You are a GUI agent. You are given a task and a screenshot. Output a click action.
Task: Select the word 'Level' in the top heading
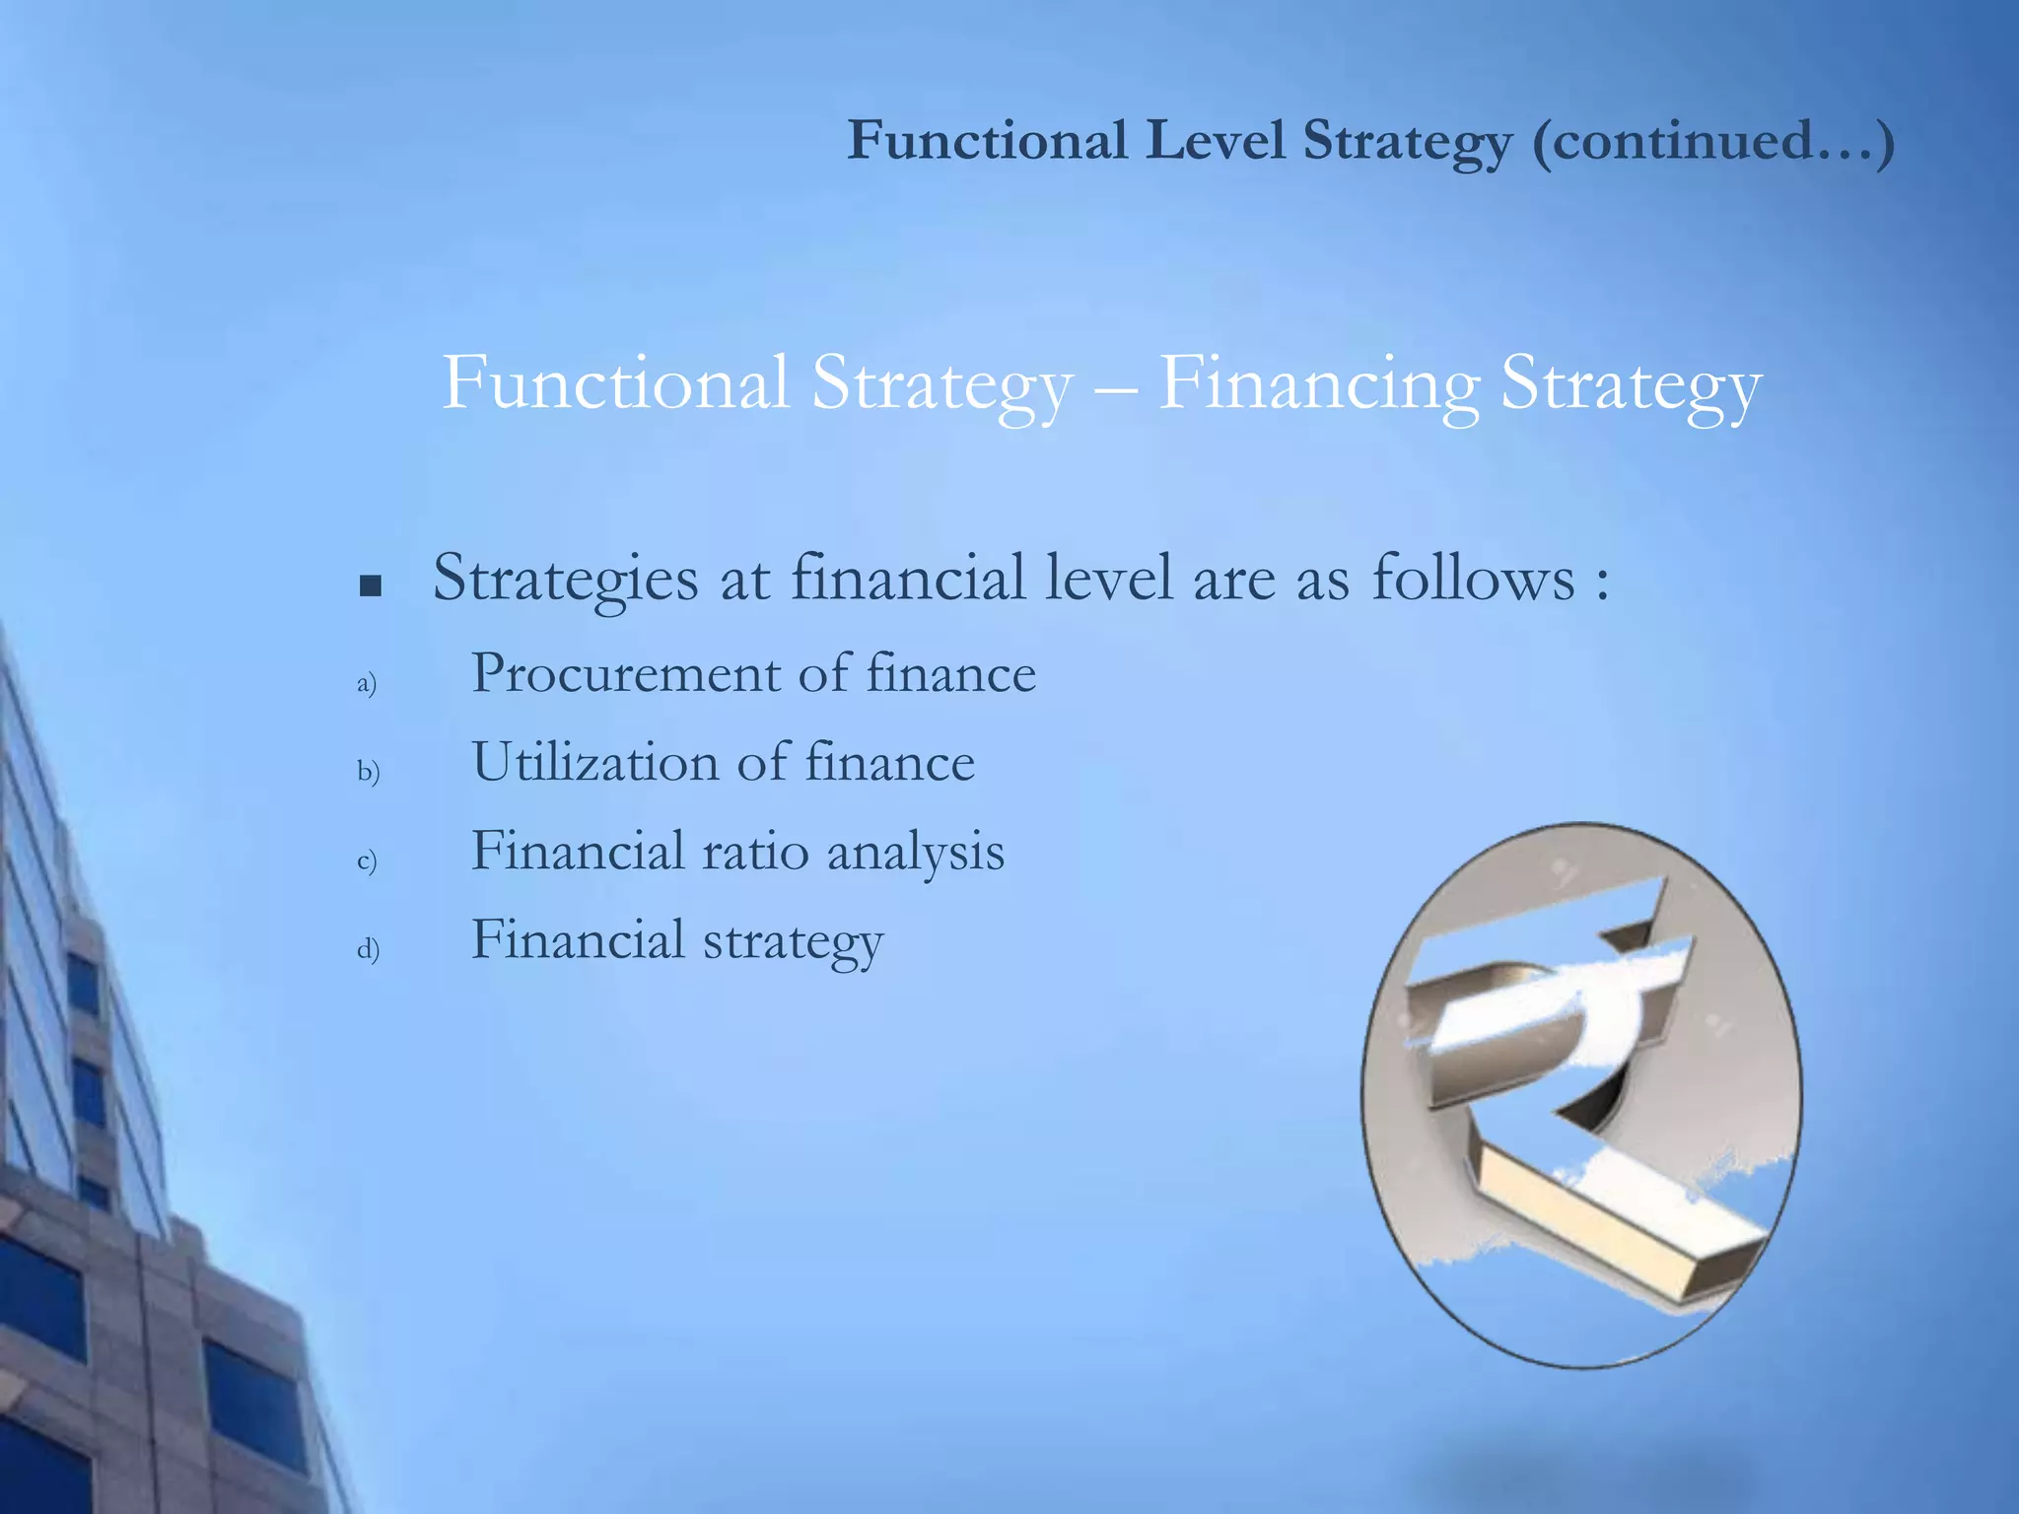pyautogui.click(x=1215, y=140)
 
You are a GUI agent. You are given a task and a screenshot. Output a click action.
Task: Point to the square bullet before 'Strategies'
pyautogui.click(x=371, y=587)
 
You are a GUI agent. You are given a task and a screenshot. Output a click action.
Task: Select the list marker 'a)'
pyautogui.click(x=367, y=683)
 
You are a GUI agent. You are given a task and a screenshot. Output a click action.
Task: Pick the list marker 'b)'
pyautogui.click(x=368, y=771)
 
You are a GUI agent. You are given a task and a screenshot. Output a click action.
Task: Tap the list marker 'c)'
pyautogui.click(x=367, y=860)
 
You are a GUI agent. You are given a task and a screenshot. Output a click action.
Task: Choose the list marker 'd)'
pyautogui.click(x=368, y=948)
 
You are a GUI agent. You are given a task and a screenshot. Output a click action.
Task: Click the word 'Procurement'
pyautogui.click(x=626, y=674)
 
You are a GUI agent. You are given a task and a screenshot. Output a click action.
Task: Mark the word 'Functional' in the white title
pyautogui.click(x=615, y=383)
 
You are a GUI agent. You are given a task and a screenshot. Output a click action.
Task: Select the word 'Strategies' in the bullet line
pyautogui.click(x=565, y=580)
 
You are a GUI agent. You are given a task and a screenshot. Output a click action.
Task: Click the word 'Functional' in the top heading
pyautogui.click(x=987, y=140)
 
